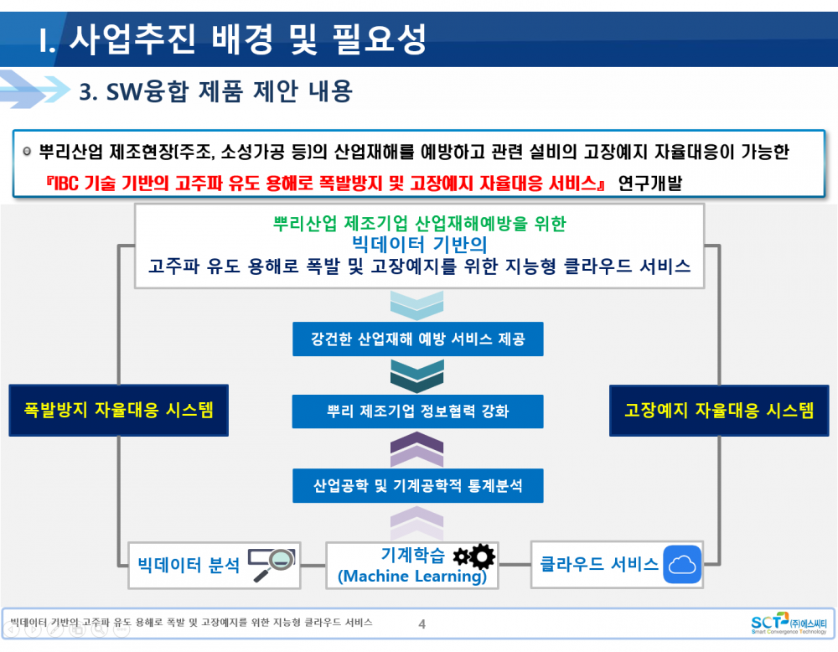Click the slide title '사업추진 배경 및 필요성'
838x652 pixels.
(x=248, y=39)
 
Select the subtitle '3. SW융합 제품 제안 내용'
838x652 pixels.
(x=216, y=91)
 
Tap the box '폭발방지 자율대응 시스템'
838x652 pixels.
(x=119, y=410)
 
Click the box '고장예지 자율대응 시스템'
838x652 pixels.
(x=719, y=410)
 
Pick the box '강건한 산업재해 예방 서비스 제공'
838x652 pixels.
(x=418, y=339)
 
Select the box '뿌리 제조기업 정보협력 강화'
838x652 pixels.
(x=418, y=411)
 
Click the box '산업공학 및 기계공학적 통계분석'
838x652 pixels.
(x=418, y=486)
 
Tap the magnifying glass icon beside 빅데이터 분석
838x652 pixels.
(x=272, y=564)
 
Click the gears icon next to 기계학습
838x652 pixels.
(x=474, y=556)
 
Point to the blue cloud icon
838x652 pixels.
(x=682, y=564)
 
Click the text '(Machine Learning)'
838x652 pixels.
(x=412, y=576)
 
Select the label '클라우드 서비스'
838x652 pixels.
(x=599, y=564)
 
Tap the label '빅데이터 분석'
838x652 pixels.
(x=189, y=565)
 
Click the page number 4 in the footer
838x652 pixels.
(x=422, y=624)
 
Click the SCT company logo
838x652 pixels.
(x=789, y=624)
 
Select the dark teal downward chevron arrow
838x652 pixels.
(x=416, y=375)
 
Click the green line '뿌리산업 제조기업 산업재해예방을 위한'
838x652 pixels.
(x=420, y=224)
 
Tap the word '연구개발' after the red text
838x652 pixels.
(x=650, y=184)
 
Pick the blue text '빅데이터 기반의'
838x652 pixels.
(x=420, y=244)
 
